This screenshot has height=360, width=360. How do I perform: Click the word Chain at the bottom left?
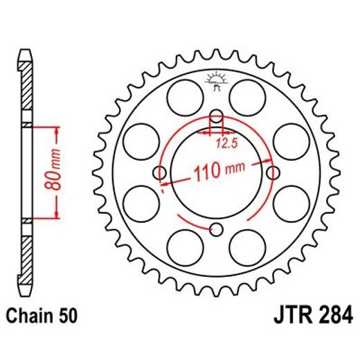[x=30, y=317]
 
